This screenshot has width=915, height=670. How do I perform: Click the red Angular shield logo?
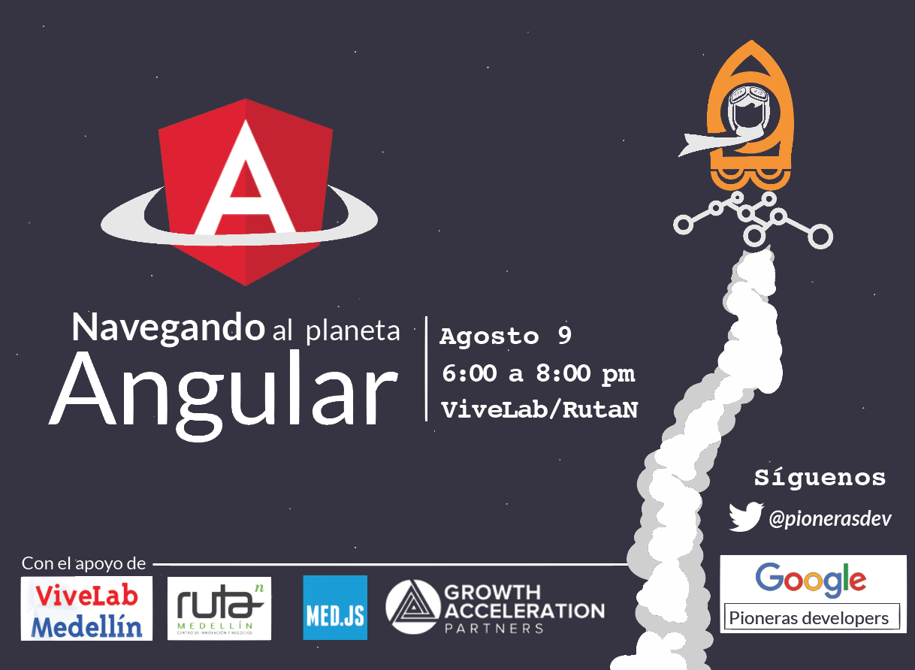pyautogui.click(x=246, y=192)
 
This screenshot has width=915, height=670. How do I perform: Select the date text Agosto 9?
pyautogui.click(x=506, y=337)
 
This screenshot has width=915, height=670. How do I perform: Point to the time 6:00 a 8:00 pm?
pyautogui.click(x=539, y=374)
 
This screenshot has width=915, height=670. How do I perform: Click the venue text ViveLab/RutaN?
pyautogui.click(x=539, y=410)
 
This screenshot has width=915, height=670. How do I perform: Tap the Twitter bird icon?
pyautogui.click(x=746, y=517)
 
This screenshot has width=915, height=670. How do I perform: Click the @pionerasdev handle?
pyautogui.click(x=830, y=519)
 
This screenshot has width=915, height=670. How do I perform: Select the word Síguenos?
pyautogui.click(x=820, y=478)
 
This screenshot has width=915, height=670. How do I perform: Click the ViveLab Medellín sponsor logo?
pyautogui.click(x=86, y=608)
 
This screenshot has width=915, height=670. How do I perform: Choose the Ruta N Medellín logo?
pyautogui.click(x=219, y=608)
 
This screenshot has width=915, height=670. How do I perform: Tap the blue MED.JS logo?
pyautogui.click(x=335, y=608)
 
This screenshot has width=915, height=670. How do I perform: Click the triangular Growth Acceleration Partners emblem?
pyautogui.click(x=413, y=607)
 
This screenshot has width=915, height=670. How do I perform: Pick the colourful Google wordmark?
pyautogui.click(x=811, y=580)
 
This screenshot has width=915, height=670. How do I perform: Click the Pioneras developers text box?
pyautogui.click(x=811, y=616)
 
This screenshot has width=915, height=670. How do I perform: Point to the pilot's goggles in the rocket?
pyautogui.click(x=748, y=95)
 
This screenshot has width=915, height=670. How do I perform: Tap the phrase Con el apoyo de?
pyautogui.click(x=83, y=564)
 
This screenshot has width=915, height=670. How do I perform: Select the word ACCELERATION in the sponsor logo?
pyautogui.click(x=524, y=611)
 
